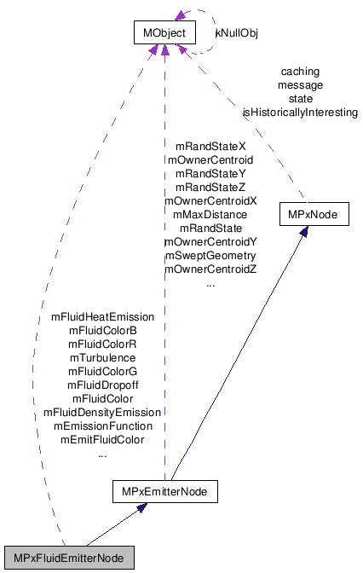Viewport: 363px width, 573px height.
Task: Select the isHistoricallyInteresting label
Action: tap(299, 112)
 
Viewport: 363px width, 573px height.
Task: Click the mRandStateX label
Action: tap(210, 147)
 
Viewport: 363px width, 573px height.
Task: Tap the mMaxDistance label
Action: tap(210, 215)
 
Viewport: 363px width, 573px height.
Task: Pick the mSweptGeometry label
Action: tap(210, 255)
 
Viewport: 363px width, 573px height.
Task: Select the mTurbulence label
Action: tap(102, 357)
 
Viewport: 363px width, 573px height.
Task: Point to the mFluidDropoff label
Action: tap(102, 385)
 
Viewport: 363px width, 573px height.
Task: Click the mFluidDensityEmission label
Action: tap(102, 412)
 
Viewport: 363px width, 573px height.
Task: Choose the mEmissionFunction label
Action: tap(102, 425)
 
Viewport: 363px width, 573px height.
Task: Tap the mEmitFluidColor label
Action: tap(102, 439)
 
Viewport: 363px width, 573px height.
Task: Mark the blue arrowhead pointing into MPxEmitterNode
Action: tap(143, 509)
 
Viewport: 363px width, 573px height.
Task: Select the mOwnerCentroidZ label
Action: tap(210, 269)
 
